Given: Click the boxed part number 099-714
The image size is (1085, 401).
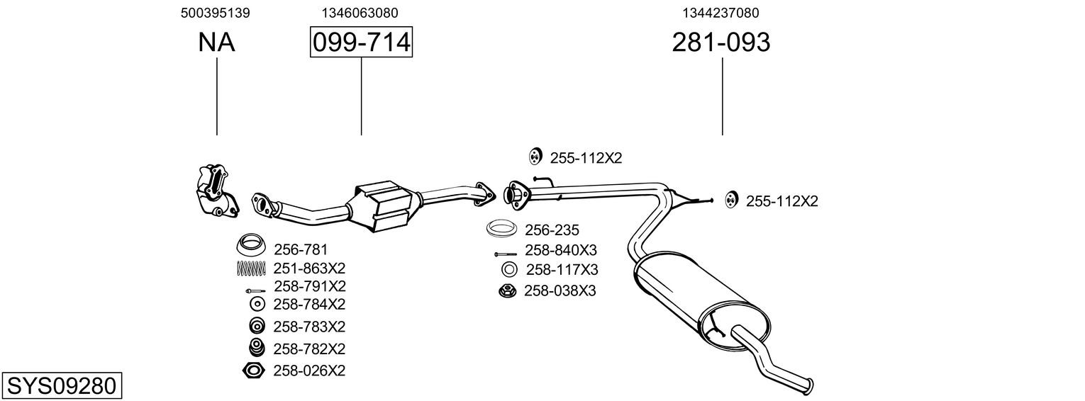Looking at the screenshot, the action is (x=361, y=43).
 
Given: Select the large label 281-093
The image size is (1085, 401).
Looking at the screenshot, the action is (x=720, y=43).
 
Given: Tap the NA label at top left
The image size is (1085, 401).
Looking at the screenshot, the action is (x=216, y=43).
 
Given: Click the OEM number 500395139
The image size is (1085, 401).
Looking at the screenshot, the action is (x=216, y=13).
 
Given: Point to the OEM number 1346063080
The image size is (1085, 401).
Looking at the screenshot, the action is (x=360, y=13).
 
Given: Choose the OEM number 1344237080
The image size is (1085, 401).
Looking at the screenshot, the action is (x=720, y=13).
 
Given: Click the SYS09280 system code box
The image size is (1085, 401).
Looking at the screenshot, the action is (x=61, y=386).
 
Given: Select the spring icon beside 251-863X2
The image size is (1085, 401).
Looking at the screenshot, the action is (x=250, y=269).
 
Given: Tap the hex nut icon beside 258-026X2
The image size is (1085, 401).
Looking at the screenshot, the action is (x=253, y=371).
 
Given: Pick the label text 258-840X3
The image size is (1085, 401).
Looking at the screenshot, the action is (x=561, y=250).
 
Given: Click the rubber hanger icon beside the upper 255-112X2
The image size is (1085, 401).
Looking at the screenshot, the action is (x=535, y=157).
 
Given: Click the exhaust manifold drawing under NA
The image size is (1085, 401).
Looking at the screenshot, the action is (x=215, y=190).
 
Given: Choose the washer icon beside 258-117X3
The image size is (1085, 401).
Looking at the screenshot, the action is (x=508, y=270).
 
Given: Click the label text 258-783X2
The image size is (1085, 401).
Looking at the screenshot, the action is (x=308, y=327).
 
